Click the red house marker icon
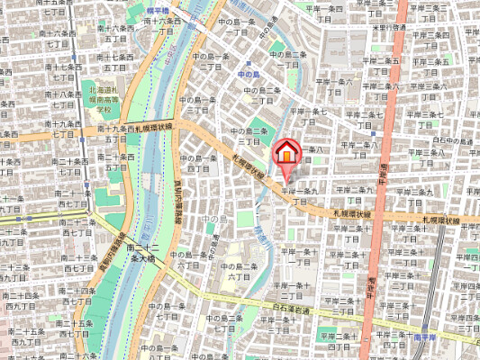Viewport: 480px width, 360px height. point(285,152)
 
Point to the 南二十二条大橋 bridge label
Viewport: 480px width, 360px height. point(142,252)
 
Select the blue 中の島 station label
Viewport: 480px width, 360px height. point(248,74)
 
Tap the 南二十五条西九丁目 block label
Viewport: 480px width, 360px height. point(17,337)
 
